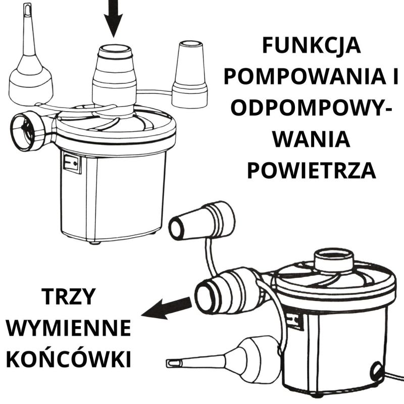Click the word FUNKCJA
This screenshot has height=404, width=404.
312,46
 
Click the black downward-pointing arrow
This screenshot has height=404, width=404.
113,18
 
